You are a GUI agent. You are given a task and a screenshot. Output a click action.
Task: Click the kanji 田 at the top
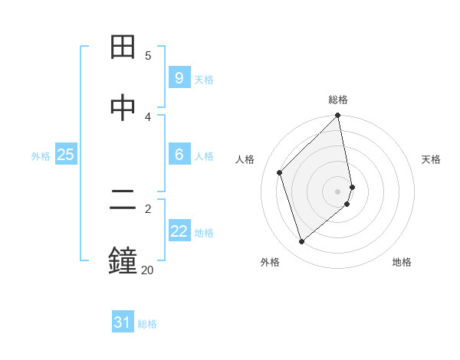click(123, 47)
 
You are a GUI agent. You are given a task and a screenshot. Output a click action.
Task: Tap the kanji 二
click(123, 200)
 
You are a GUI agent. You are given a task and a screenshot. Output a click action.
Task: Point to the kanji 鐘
click(123, 260)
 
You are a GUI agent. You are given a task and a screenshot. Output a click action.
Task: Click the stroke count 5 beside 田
click(148, 56)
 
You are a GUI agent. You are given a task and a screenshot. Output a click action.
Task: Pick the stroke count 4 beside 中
click(148, 116)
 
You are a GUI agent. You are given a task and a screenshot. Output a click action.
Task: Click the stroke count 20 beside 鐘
click(146, 270)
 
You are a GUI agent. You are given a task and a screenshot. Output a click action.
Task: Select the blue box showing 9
click(179, 77)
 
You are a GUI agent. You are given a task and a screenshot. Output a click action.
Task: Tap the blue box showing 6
click(179, 154)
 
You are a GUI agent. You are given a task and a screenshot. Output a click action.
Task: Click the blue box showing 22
click(179, 231)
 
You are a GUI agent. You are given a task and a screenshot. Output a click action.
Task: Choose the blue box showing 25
click(65, 155)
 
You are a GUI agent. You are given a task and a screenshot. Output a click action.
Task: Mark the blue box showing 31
click(123, 322)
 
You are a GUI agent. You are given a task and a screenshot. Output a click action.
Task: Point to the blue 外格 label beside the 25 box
click(41, 156)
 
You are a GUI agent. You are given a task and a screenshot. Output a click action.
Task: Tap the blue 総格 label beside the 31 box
click(147, 324)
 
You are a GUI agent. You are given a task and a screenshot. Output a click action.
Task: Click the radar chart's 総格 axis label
click(338, 100)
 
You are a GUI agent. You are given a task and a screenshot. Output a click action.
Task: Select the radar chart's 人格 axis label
click(245, 159)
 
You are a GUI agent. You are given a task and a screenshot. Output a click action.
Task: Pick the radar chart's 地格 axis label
click(402, 262)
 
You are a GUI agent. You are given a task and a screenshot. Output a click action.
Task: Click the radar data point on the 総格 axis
click(338, 116)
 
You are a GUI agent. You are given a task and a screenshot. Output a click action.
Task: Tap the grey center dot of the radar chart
click(338, 190)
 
